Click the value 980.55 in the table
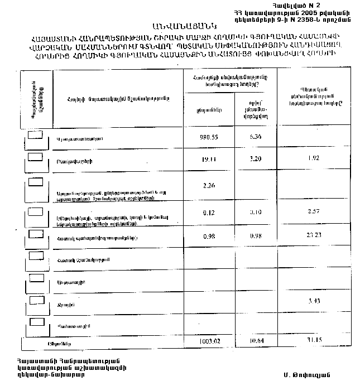[x=208, y=137]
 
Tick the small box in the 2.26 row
[x=36, y=182]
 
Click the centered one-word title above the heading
[x=181, y=26]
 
